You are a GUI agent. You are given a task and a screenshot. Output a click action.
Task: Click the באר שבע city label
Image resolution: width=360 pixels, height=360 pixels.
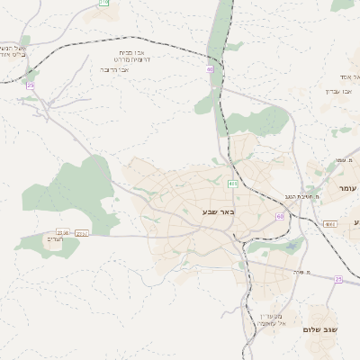click(218, 211)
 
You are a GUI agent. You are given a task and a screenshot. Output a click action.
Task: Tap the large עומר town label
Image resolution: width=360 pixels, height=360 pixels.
click(348, 187)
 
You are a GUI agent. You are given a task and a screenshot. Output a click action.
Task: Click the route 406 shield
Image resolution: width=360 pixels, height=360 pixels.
click(233, 184)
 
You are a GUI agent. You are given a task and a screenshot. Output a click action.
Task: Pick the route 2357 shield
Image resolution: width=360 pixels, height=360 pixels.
click(82, 232)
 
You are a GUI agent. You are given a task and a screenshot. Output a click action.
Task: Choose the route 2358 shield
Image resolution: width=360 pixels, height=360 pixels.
click(62, 232)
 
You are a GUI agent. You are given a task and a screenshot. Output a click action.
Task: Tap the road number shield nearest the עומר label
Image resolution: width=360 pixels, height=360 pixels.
click(330, 223)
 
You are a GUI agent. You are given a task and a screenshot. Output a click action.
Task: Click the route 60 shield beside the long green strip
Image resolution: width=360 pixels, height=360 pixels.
click(210, 68)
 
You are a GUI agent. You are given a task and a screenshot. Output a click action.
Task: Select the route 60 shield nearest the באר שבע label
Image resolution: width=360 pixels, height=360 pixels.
click(280, 217)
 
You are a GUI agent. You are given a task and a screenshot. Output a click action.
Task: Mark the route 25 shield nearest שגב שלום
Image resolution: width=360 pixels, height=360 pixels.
click(338, 279)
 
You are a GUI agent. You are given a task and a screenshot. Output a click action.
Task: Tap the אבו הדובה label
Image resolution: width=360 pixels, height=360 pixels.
click(114, 69)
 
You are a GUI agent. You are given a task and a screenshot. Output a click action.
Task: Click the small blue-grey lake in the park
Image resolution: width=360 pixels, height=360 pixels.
click(293, 245)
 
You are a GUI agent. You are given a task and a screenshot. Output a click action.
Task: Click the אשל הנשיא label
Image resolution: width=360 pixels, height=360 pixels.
click(13, 50)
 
